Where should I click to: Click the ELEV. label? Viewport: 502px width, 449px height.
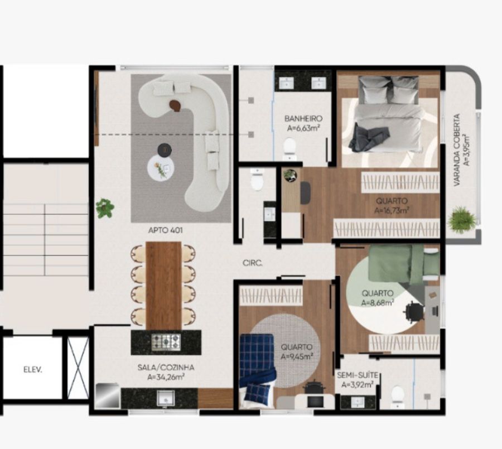(33, 370)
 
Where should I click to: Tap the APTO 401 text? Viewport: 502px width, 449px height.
(165, 230)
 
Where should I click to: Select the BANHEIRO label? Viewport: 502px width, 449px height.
(303, 118)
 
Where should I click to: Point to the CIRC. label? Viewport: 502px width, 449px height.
(253, 263)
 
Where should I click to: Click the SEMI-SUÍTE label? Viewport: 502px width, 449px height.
(358, 375)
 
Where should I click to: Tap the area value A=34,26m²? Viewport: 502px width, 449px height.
(166, 377)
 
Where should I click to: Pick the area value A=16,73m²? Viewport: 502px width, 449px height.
(392, 210)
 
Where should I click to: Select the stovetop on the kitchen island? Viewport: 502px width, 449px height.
(166, 342)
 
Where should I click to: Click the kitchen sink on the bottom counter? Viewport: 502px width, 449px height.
(166, 399)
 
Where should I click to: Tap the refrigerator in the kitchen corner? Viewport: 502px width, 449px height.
(108, 395)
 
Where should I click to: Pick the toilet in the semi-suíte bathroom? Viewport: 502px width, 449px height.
(398, 396)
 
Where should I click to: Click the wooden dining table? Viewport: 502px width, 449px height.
(163, 286)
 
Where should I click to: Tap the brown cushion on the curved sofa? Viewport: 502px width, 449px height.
(175, 105)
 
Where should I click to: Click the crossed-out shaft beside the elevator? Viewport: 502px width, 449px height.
(78, 368)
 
